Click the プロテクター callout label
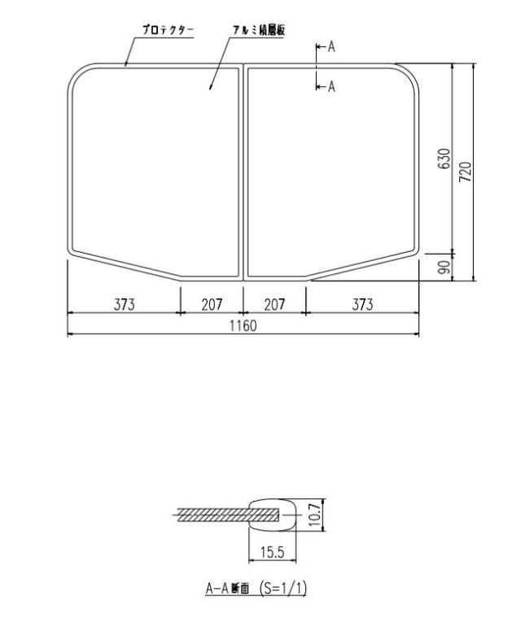tap(167, 29)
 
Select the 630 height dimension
tap(444, 159)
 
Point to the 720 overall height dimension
tap(465, 172)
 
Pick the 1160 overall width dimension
tap(242, 326)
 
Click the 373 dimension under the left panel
tap(124, 304)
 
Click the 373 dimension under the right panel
tap(362, 304)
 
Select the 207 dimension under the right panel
tap(275, 304)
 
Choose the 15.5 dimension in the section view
tap(272, 552)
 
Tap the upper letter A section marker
tap(331, 47)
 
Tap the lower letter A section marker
tap(331, 86)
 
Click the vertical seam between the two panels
tap(243, 171)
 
